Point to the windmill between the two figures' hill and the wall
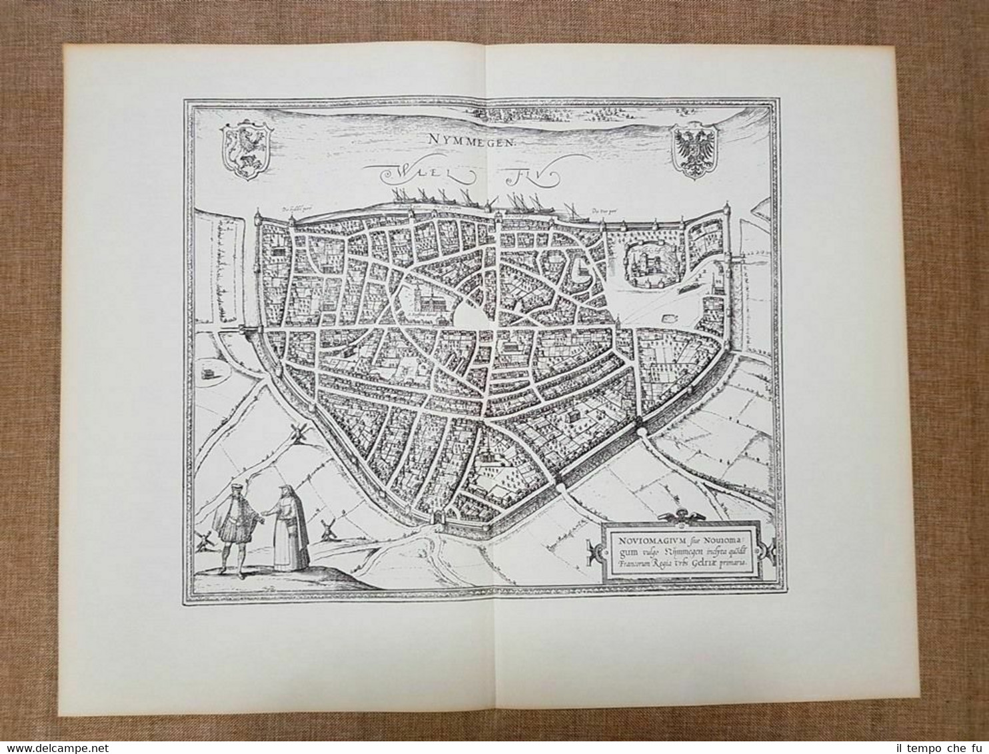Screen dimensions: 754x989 pyautogui.click(x=327, y=529)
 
